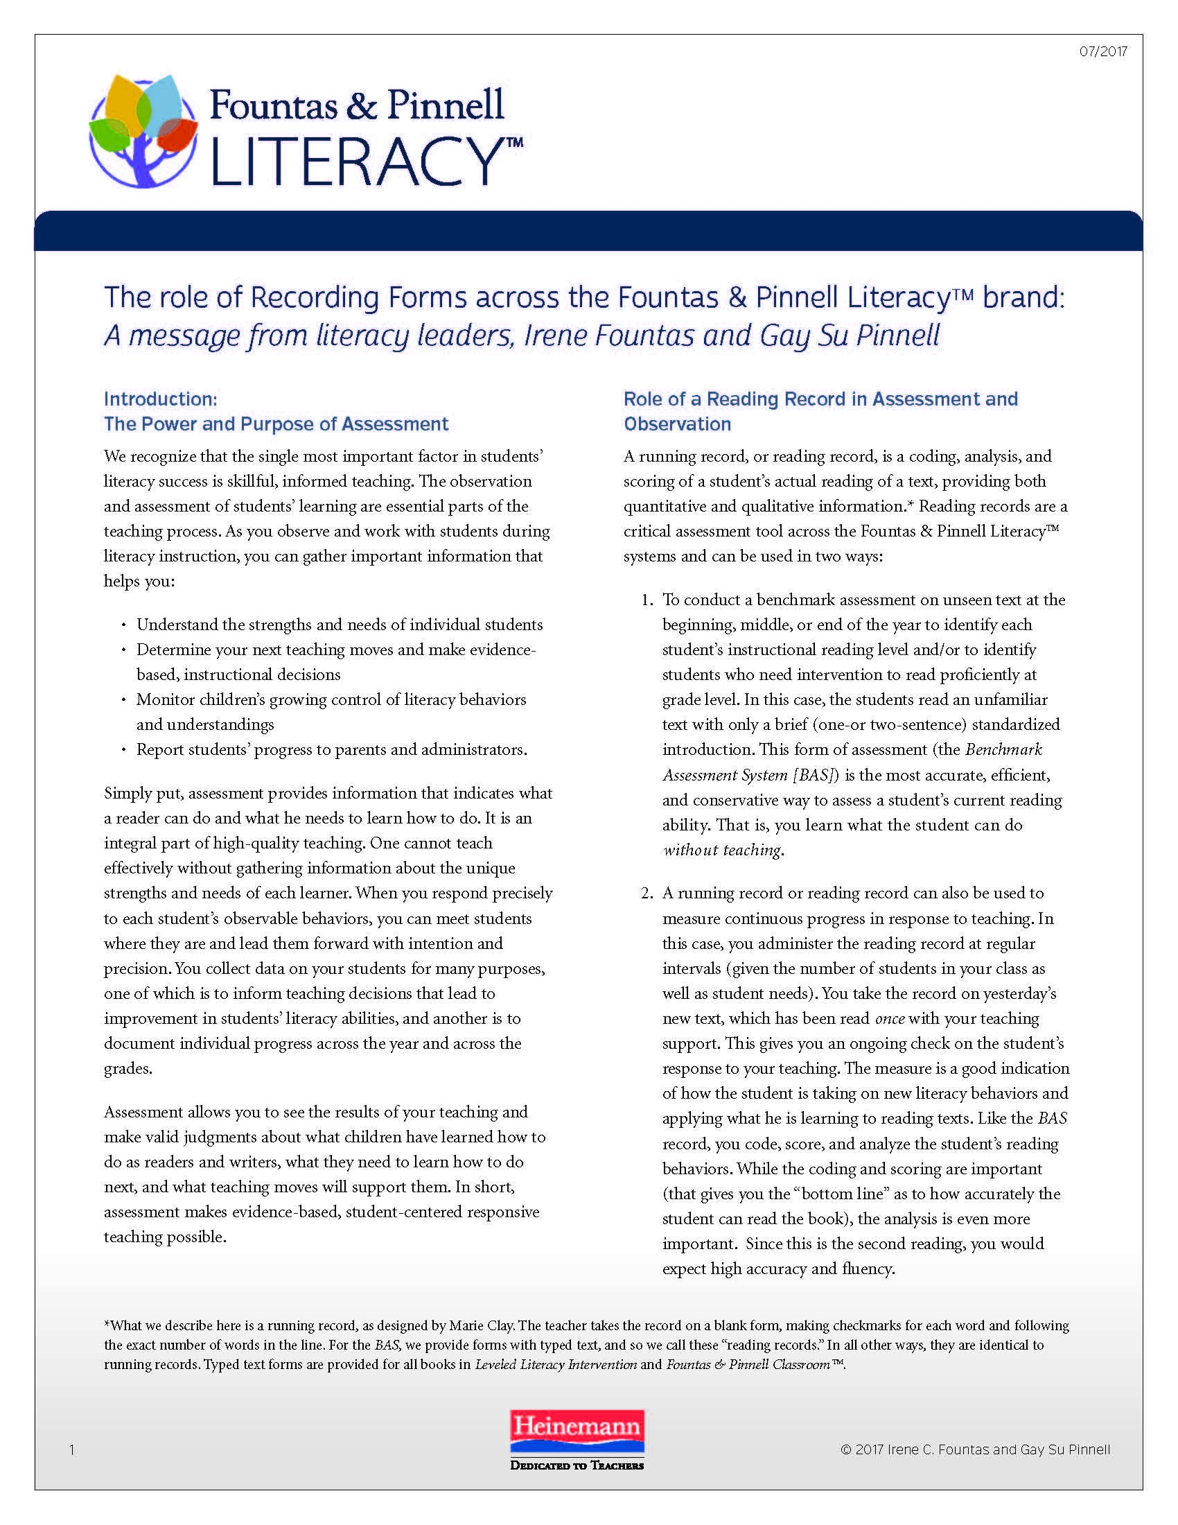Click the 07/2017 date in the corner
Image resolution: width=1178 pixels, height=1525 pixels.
(1102, 52)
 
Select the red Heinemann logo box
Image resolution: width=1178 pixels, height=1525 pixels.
(577, 1431)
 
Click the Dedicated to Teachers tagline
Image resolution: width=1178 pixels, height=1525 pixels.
(577, 1465)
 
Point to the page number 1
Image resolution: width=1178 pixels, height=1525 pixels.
(72, 1450)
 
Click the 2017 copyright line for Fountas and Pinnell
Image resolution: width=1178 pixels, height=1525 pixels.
(975, 1449)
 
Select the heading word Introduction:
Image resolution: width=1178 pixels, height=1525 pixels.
(161, 399)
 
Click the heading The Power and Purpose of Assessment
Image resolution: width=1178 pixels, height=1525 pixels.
(276, 424)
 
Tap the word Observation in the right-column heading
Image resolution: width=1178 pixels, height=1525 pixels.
(677, 424)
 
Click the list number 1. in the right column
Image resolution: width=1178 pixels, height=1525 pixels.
(647, 600)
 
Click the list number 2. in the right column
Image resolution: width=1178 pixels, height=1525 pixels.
(647, 893)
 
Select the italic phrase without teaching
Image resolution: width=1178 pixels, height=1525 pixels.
(721, 850)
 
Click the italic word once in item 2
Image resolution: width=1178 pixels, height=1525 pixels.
(890, 1019)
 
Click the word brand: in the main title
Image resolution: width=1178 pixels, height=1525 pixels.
(1023, 298)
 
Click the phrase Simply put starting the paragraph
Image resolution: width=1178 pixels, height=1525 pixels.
(143, 794)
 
